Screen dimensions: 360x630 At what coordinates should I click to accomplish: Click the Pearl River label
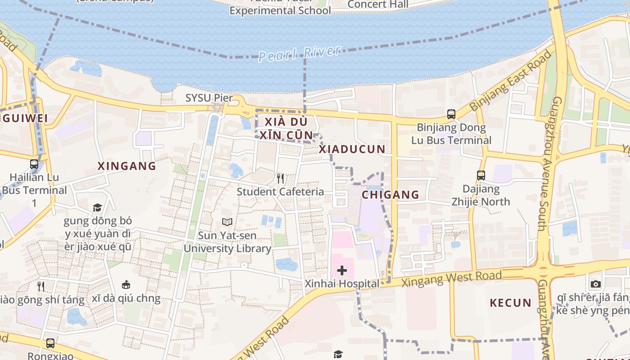tap(300, 53)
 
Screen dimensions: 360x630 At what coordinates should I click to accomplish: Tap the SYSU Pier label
tap(209, 98)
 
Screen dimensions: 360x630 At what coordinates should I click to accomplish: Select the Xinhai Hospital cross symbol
tap(342, 270)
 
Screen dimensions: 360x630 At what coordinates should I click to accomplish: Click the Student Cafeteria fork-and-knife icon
tap(280, 179)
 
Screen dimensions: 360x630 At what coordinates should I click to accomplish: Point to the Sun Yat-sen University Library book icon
tap(227, 222)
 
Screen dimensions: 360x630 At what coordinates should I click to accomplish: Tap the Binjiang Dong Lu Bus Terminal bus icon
tap(451, 114)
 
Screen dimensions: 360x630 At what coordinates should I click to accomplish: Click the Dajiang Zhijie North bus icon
tap(481, 175)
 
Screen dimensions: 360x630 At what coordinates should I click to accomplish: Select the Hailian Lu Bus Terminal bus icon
tap(34, 164)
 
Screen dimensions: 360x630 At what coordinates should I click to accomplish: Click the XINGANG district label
tap(127, 166)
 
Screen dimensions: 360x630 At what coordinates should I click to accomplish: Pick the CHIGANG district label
tap(391, 195)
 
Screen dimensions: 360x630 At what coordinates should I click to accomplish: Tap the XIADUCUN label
tap(352, 149)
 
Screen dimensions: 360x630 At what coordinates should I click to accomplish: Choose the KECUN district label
tap(511, 303)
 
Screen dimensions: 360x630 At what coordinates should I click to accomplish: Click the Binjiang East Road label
tap(511, 81)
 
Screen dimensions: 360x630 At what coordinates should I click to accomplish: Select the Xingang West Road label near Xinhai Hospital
tap(451, 279)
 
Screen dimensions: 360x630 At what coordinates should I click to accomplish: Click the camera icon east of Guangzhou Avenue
tap(596, 284)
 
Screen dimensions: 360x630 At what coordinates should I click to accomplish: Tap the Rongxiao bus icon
tap(50, 343)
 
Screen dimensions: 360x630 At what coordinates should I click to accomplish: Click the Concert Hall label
tap(378, 4)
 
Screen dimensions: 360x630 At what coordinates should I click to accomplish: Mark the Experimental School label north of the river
tap(280, 10)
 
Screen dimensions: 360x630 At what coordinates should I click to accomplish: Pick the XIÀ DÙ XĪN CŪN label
tap(286, 129)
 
